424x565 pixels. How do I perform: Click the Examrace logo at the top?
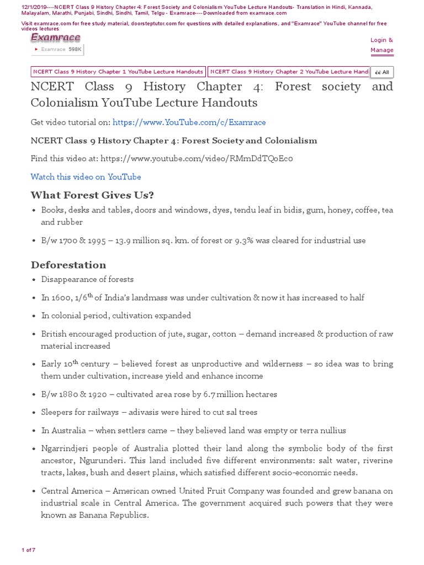[x=55, y=38]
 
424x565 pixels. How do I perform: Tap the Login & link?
[x=381, y=40]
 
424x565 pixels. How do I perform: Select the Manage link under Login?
[x=381, y=50]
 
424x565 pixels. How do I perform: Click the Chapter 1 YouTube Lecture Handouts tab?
[x=118, y=72]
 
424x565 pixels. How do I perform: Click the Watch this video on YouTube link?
[x=86, y=177]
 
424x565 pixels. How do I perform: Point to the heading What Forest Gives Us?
[x=92, y=195]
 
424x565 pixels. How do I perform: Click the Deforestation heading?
[x=68, y=265]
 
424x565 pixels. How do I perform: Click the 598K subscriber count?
[x=75, y=49]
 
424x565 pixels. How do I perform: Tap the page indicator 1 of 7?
[x=28, y=550]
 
